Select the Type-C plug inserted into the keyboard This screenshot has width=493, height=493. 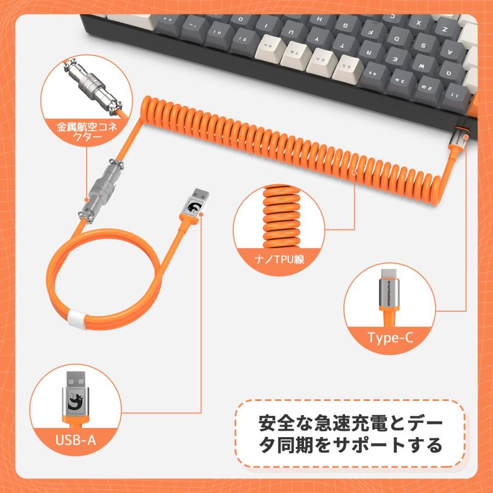pyautogui.click(x=458, y=139)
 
